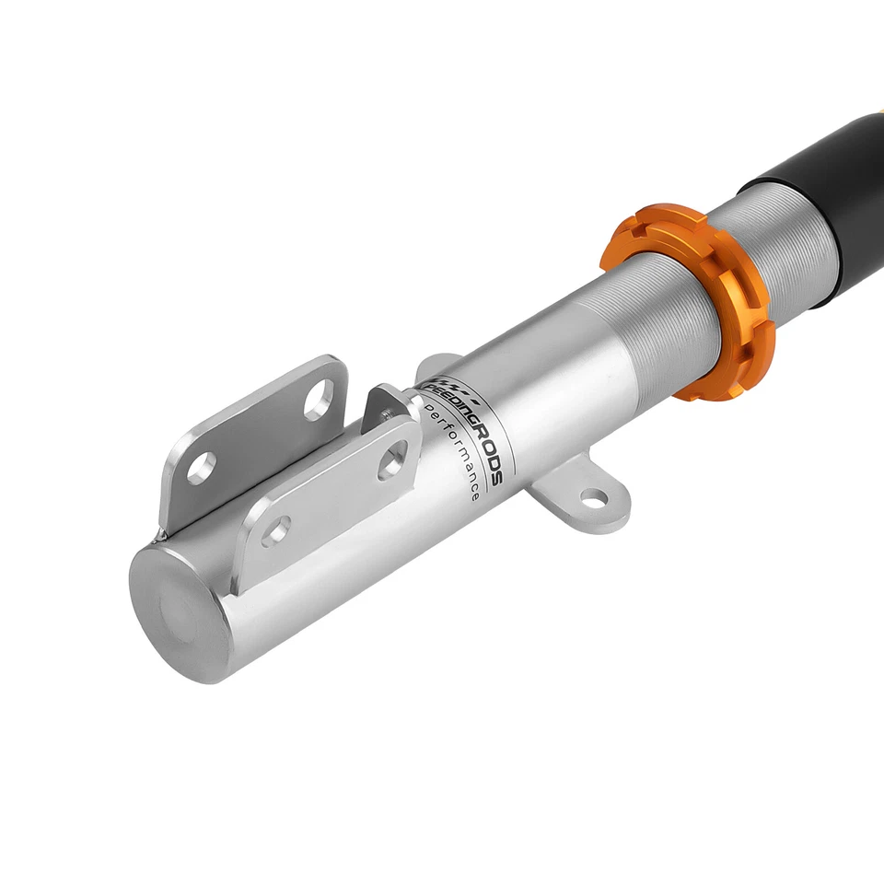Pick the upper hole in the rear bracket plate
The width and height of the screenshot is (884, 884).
click(319, 398)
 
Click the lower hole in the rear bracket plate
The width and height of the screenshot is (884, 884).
click(203, 467)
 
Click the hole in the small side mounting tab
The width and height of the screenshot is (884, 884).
click(594, 500)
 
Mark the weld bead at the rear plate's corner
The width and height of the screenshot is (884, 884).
click(164, 531)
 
